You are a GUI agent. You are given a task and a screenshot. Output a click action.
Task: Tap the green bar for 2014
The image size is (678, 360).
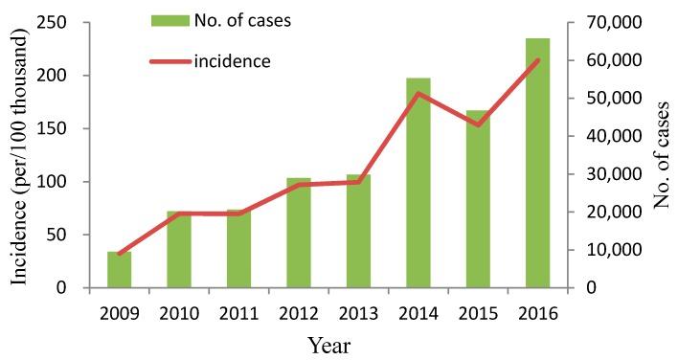[x=418, y=183]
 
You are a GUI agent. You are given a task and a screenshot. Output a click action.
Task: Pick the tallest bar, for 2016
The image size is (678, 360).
[x=537, y=163]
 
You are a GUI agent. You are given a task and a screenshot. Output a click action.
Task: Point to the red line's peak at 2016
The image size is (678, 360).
[x=537, y=60]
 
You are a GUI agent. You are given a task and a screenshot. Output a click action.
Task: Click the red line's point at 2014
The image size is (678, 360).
[x=418, y=93]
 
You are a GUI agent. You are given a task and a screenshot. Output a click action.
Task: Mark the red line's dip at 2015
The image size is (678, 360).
[x=478, y=124]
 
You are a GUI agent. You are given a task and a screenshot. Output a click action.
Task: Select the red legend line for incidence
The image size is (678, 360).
[x=169, y=62]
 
